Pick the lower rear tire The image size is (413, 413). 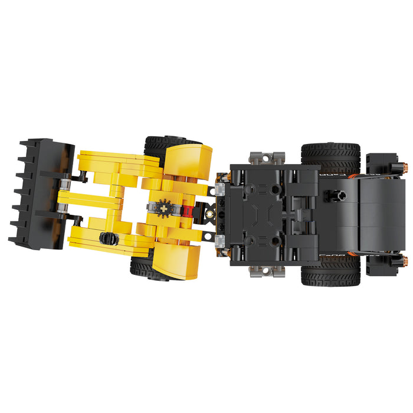click(x=330, y=273)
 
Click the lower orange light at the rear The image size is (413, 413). click(x=406, y=260)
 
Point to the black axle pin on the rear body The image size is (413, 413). click(x=335, y=195)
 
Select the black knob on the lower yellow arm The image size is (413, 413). click(x=108, y=238)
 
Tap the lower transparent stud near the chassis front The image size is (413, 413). click(x=220, y=239)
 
